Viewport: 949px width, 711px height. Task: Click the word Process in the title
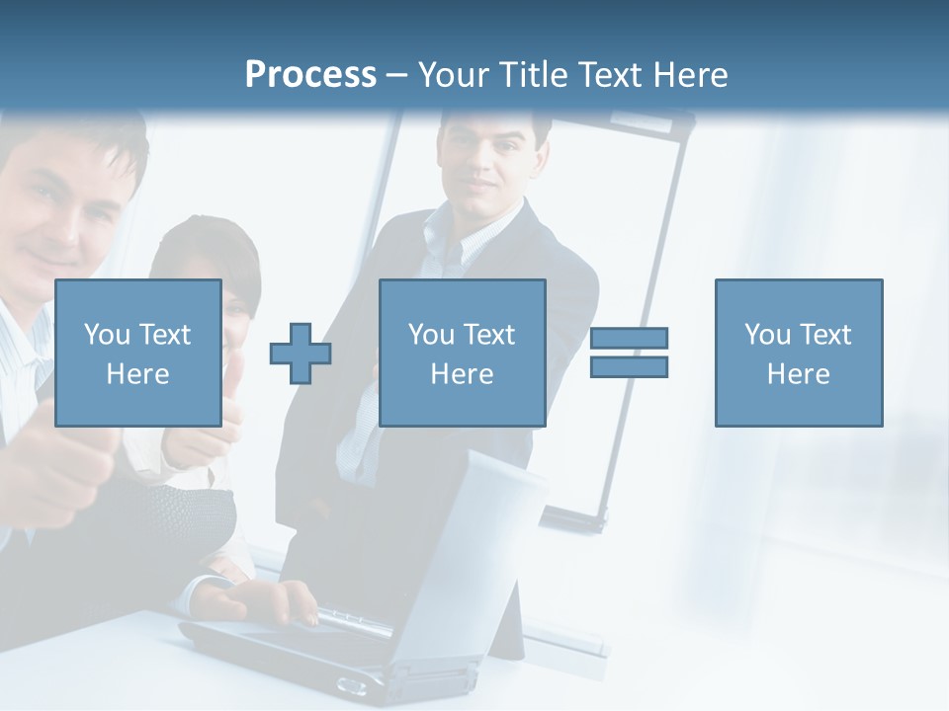pyautogui.click(x=310, y=75)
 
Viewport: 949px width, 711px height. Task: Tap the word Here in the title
pyautogui.click(x=688, y=75)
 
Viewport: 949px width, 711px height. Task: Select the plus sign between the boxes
pyautogui.click(x=301, y=354)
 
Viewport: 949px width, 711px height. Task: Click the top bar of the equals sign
pyautogui.click(x=629, y=338)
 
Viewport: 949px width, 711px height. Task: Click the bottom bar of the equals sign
pyautogui.click(x=629, y=367)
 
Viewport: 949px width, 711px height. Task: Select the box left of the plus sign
pyautogui.click(x=138, y=353)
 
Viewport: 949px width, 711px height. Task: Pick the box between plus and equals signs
pyautogui.click(x=462, y=353)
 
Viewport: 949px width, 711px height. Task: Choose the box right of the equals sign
pyautogui.click(x=798, y=353)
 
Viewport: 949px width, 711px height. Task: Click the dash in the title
pyautogui.click(x=396, y=75)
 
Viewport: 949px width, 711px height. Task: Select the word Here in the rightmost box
pyautogui.click(x=798, y=374)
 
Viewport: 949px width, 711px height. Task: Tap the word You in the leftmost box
pyautogui.click(x=106, y=335)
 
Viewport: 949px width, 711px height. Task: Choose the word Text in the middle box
pyautogui.click(x=488, y=335)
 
